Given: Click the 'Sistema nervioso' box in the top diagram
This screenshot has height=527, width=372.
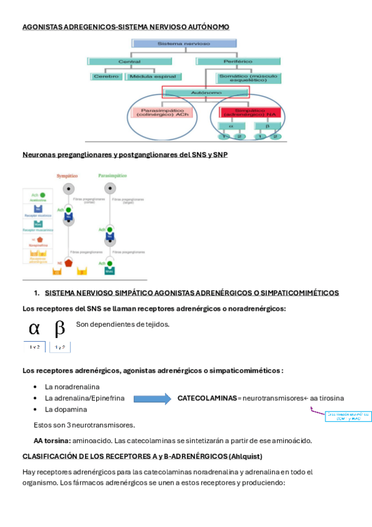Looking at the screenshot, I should click(x=184, y=45).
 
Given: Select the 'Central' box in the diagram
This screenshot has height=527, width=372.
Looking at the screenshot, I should click(x=133, y=62).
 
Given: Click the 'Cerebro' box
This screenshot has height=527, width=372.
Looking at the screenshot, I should click(x=106, y=77).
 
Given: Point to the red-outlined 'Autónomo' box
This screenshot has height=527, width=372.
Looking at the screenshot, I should click(x=205, y=93).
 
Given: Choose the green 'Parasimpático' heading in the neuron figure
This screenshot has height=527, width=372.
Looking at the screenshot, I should click(x=112, y=176).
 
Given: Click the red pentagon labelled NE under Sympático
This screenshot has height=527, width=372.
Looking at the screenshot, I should click(x=68, y=263).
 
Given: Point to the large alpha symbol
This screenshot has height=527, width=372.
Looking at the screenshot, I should click(x=35, y=328).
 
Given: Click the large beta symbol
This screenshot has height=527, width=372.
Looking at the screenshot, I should click(x=60, y=328).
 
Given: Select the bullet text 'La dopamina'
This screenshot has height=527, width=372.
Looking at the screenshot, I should click(x=66, y=410).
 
